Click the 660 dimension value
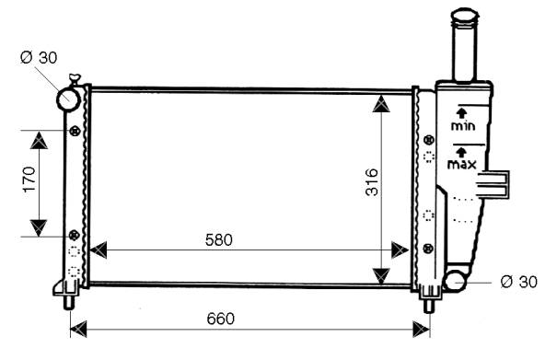[221, 319]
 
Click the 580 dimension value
[218, 239]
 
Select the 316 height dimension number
[372, 181]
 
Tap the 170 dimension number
[29, 179]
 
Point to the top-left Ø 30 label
[39, 57]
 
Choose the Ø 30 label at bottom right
[519, 282]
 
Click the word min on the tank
[463, 125]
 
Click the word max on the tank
[462, 164]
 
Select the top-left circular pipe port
[68, 99]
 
